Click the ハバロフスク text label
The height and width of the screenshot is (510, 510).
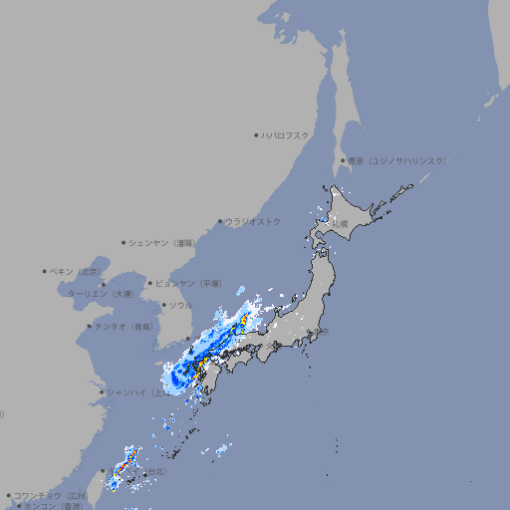[285, 134]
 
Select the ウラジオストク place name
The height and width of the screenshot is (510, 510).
[253, 221]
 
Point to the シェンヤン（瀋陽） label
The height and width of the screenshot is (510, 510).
[161, 242]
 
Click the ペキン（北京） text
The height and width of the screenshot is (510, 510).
[77, 271]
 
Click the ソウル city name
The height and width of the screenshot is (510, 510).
[180, 305]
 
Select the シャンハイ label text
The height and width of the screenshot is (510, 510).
[129, 391]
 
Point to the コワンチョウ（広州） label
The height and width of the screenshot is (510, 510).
[50, 495]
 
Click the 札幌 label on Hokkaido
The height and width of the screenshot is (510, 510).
[341, 224]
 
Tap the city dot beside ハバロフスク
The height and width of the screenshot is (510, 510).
[256, 134]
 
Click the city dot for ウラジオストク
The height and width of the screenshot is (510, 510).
[220, 221]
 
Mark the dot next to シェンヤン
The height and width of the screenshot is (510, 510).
[124, 242]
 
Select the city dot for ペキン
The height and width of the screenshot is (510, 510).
[45, 271]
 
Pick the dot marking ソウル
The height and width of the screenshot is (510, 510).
[162, 305]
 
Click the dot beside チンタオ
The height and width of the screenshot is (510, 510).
[89, 326]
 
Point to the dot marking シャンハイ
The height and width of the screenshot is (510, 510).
[102, 391]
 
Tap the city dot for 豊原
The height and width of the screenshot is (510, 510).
[343, 160]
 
